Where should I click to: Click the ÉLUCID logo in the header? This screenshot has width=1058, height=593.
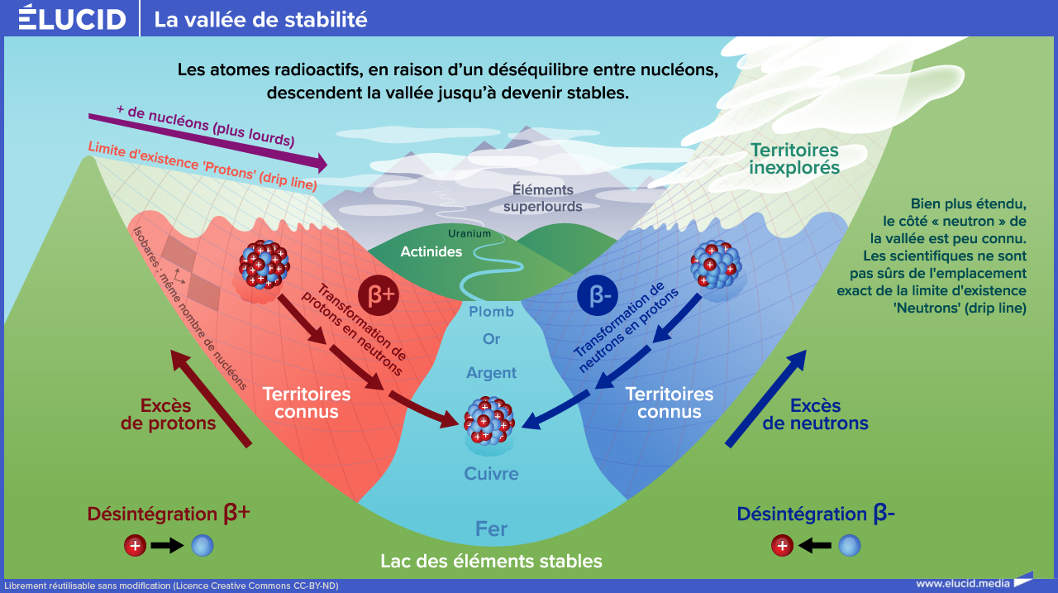pos(72,17)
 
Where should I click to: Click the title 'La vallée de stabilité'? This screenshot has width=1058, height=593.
pos(260,20)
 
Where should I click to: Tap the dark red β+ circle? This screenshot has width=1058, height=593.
pos(379,295)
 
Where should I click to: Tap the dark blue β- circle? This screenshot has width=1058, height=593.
pos(598,295)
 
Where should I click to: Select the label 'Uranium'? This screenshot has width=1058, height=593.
pos(469,233)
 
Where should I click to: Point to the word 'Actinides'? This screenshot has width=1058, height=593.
pos(431,251)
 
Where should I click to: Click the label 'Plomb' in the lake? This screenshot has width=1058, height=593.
pos(491,312)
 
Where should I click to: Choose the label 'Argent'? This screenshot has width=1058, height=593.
pos(491,373)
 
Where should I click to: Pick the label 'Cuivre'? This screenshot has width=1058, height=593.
pos(491,473)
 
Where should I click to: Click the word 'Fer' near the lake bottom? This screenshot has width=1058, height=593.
pos(491,528)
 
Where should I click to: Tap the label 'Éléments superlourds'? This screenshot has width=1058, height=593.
pos(543,198)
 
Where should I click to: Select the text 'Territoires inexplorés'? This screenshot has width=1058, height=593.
pos(794,159)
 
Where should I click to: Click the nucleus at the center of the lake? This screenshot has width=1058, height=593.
pos(489,420)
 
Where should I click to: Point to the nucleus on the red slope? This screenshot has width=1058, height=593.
pos(264,264)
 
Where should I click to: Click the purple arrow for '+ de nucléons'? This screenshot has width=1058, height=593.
pos(207,141)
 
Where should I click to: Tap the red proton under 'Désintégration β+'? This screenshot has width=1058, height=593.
pos(135,546)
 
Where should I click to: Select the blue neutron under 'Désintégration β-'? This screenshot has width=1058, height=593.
pos(849,546)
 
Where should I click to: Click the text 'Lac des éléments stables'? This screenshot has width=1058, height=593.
pos(491,562)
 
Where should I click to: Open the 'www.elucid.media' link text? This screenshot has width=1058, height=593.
pos(963,584)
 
